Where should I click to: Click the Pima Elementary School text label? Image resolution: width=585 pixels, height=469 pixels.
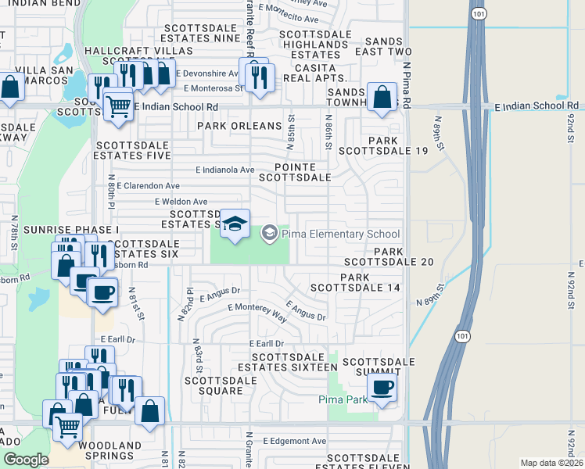point(341,234)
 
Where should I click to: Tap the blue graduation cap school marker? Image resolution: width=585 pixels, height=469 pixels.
point(235,225)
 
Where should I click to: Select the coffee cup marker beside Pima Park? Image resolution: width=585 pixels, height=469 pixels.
point(381,388)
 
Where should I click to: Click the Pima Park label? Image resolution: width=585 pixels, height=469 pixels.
point(343,400)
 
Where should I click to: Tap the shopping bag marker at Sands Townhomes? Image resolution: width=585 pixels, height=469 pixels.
point(382,99)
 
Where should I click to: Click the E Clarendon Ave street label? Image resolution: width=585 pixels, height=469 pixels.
point(148,186)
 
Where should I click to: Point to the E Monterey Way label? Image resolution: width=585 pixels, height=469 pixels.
point(257,311)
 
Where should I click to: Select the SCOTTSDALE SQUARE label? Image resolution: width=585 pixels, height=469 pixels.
point(220,385)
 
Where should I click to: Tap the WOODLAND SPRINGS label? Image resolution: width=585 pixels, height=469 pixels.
point(109,451)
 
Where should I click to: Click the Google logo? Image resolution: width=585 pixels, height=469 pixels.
point(26,460)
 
